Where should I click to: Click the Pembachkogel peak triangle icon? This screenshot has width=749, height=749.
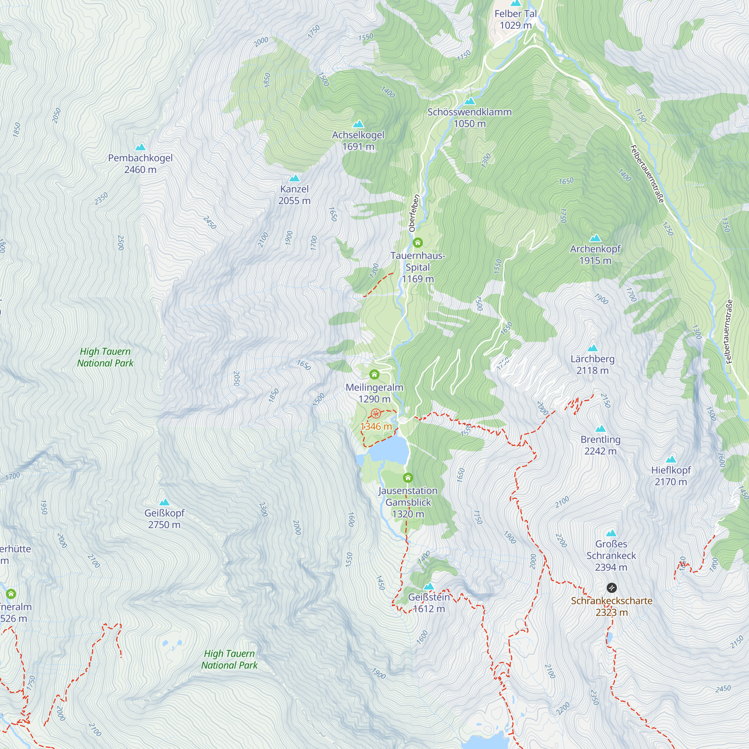coord(140,147)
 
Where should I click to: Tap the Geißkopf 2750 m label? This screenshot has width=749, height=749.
coord(164,518)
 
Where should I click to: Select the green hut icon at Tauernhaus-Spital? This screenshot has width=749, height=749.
coord(418,243)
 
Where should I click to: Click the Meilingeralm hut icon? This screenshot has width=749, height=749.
coord(374,374)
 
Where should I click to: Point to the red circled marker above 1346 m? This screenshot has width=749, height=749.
coord(376,414)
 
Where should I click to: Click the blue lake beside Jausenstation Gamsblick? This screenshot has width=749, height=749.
coord(389,450)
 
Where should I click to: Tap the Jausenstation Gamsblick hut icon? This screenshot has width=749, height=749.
coord(408,477)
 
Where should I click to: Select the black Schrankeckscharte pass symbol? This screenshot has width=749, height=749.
coord(612,588)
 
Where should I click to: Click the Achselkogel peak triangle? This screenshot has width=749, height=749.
coord(358,124)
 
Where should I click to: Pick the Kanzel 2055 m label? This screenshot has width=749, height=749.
coord(295,195)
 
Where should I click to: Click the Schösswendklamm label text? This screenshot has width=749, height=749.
coord(470,112)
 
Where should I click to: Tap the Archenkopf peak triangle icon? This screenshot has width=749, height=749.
coord(595,238)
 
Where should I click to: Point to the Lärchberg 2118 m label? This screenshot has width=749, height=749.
coord(592,364)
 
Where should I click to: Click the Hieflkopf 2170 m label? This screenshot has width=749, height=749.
coord(671,476)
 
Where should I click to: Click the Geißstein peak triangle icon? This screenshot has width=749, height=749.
coord(429,586)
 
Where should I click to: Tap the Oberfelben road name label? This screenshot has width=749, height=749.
coord(414,213)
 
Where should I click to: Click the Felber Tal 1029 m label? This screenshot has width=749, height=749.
coord(516,19)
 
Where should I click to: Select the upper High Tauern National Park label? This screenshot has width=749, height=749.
coord(105,357)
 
